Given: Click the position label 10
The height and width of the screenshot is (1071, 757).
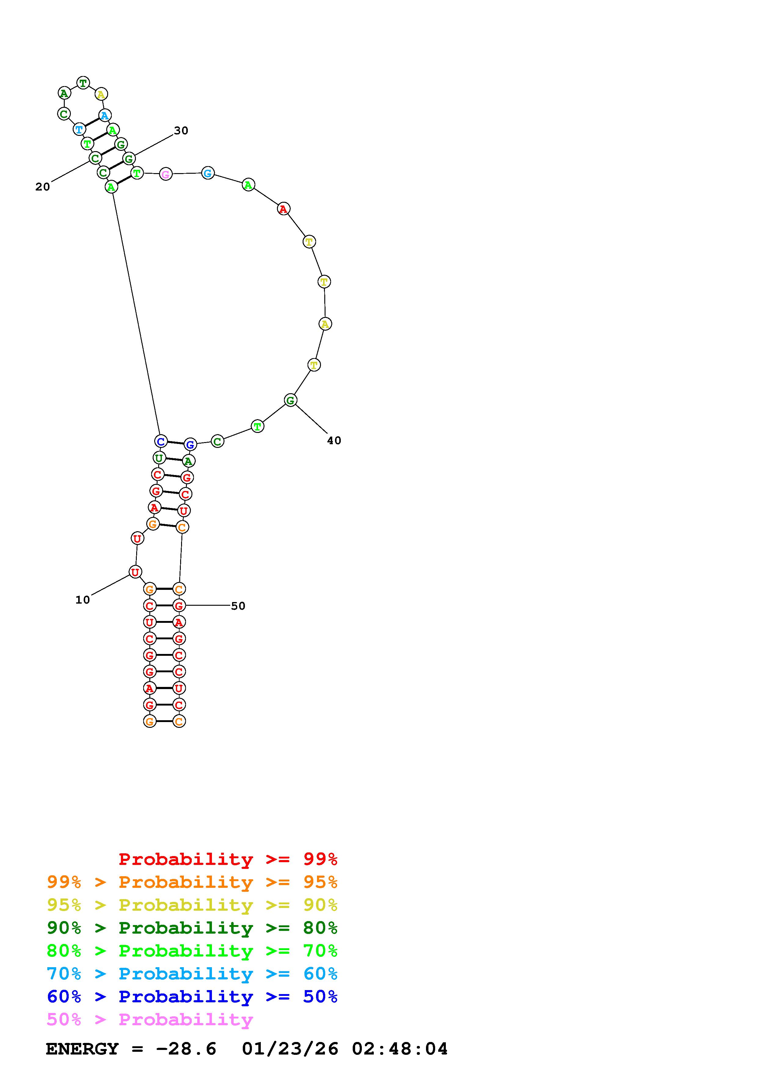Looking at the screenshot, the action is pos(82,600).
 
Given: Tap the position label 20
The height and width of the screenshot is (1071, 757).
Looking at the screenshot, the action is pos(42,187).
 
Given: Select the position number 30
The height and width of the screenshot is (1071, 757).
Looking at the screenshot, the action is pos(181,131).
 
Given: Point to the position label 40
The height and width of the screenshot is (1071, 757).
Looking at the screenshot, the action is pos(334,440).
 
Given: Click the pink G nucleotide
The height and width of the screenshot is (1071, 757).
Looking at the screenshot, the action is pos(166,174).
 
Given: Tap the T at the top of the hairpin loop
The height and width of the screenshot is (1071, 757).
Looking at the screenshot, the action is pos(83,83).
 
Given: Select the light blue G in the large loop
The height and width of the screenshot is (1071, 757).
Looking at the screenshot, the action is pos(208,173).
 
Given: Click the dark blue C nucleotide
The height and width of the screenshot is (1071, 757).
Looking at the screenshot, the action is pos(161,441).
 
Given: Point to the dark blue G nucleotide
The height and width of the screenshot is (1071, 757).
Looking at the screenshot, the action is pos(190,445).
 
